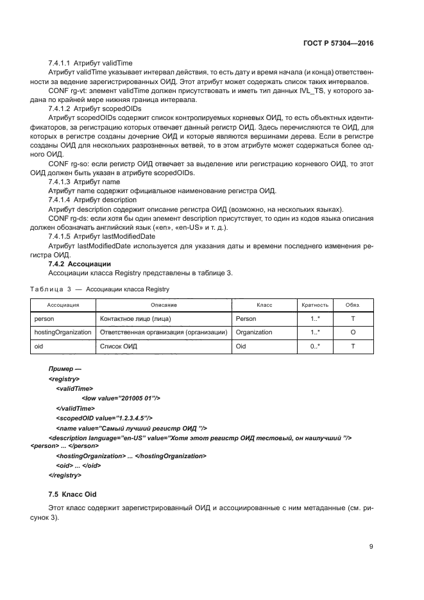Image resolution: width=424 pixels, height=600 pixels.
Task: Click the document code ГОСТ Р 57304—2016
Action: coord(337,44)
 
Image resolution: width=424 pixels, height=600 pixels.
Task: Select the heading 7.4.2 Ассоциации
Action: coord(80,264)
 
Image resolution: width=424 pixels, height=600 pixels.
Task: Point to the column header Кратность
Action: coord(315,305)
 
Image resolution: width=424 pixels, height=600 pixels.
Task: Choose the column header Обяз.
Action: coord(353,305)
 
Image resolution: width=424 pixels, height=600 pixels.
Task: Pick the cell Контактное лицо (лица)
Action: coord(136,318)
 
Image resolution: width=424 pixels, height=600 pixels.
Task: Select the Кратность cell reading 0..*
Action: coord(315,347)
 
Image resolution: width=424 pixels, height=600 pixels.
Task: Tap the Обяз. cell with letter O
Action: coord(353,332)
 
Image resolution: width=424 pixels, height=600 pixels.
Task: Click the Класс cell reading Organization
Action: coord(254,332)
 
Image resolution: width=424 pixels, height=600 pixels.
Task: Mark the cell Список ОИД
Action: coord(117,347)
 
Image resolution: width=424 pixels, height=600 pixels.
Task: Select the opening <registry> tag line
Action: coord(64,379)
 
